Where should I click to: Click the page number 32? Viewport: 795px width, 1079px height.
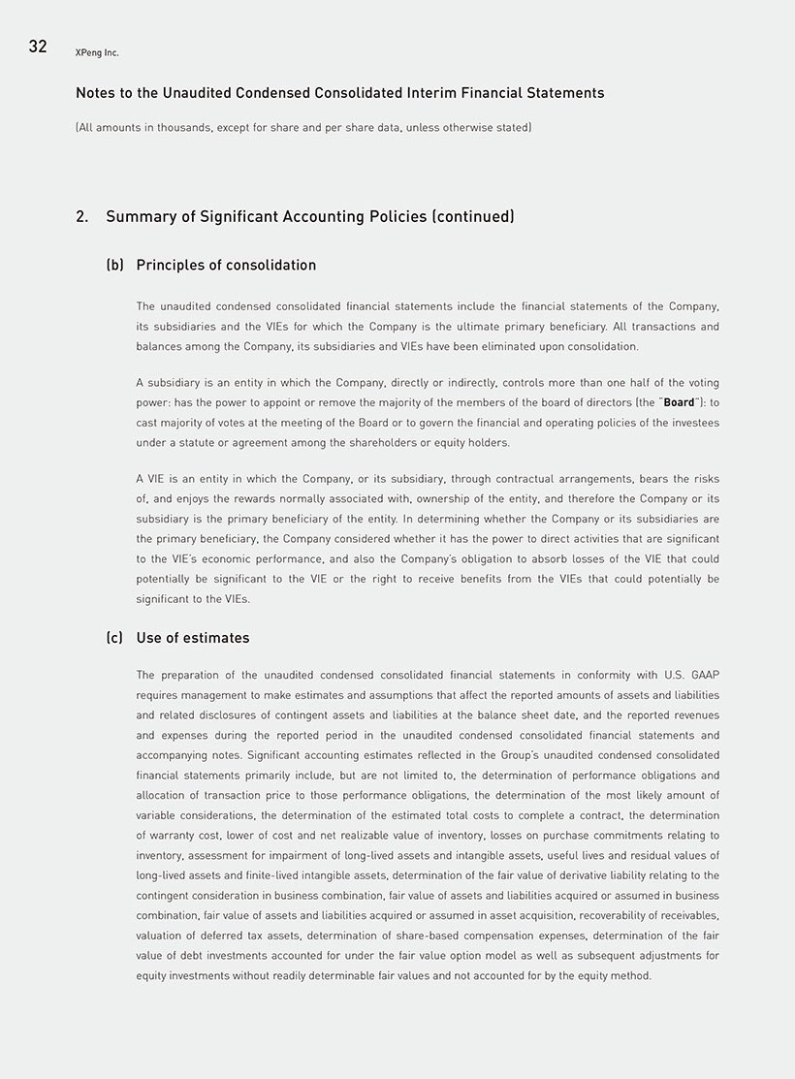[x=38, y=47]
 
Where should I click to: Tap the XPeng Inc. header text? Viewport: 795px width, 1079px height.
[x=97, y=52]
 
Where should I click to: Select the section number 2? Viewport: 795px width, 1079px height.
[x=81, y=217]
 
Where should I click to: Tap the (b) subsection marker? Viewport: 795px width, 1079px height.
[x=114, y=266]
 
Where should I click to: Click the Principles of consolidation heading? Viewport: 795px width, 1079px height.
[x=226, y=266]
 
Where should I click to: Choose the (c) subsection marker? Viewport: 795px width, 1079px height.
[x=114, y=638]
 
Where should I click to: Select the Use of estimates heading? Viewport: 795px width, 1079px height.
[x=193, y=638]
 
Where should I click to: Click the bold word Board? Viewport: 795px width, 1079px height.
[x=679, y=402]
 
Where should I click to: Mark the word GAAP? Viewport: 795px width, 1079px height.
[x=705, y=675]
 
